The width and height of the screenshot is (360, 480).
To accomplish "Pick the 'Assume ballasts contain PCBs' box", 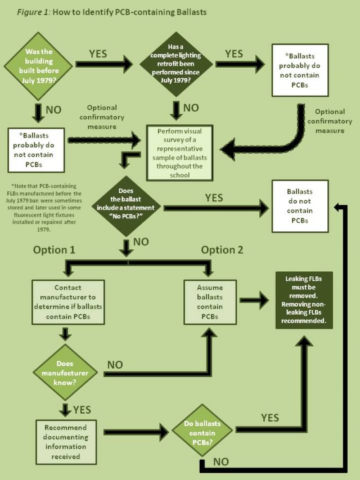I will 209,301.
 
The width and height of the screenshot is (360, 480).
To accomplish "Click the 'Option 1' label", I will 54,250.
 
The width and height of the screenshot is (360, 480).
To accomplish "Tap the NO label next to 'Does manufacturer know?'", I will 115,365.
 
